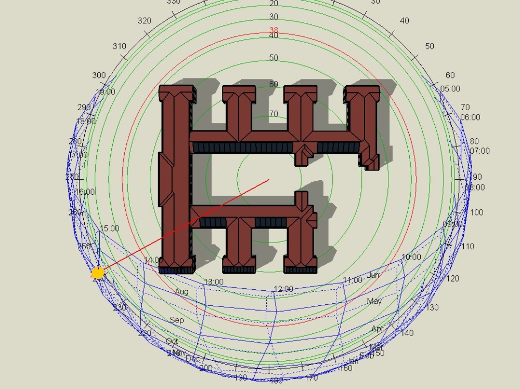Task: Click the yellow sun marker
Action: coord(98,273)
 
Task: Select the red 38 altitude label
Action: coord(274,30)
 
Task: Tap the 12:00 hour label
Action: coord(283,289)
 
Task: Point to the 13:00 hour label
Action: coord(214,282)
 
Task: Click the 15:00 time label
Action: coord(109,228)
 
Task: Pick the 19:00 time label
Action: coord(106,92)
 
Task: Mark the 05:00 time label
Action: coord(450,89)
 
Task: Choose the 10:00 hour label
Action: coord(411,257)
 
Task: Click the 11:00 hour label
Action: coord(352,280)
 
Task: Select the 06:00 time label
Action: coord(470,117)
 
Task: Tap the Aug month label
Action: coord(181,292)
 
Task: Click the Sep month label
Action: coord(177,320)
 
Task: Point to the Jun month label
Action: coord(373,275)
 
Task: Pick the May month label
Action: coord(374,301)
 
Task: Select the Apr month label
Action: coord(378,329)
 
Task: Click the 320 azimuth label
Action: coord(145,21)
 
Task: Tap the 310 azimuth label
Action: coord(119,46)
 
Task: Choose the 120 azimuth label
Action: coord(453,278)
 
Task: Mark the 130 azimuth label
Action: coord(432,307)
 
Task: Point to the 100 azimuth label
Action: coord(476,212)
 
